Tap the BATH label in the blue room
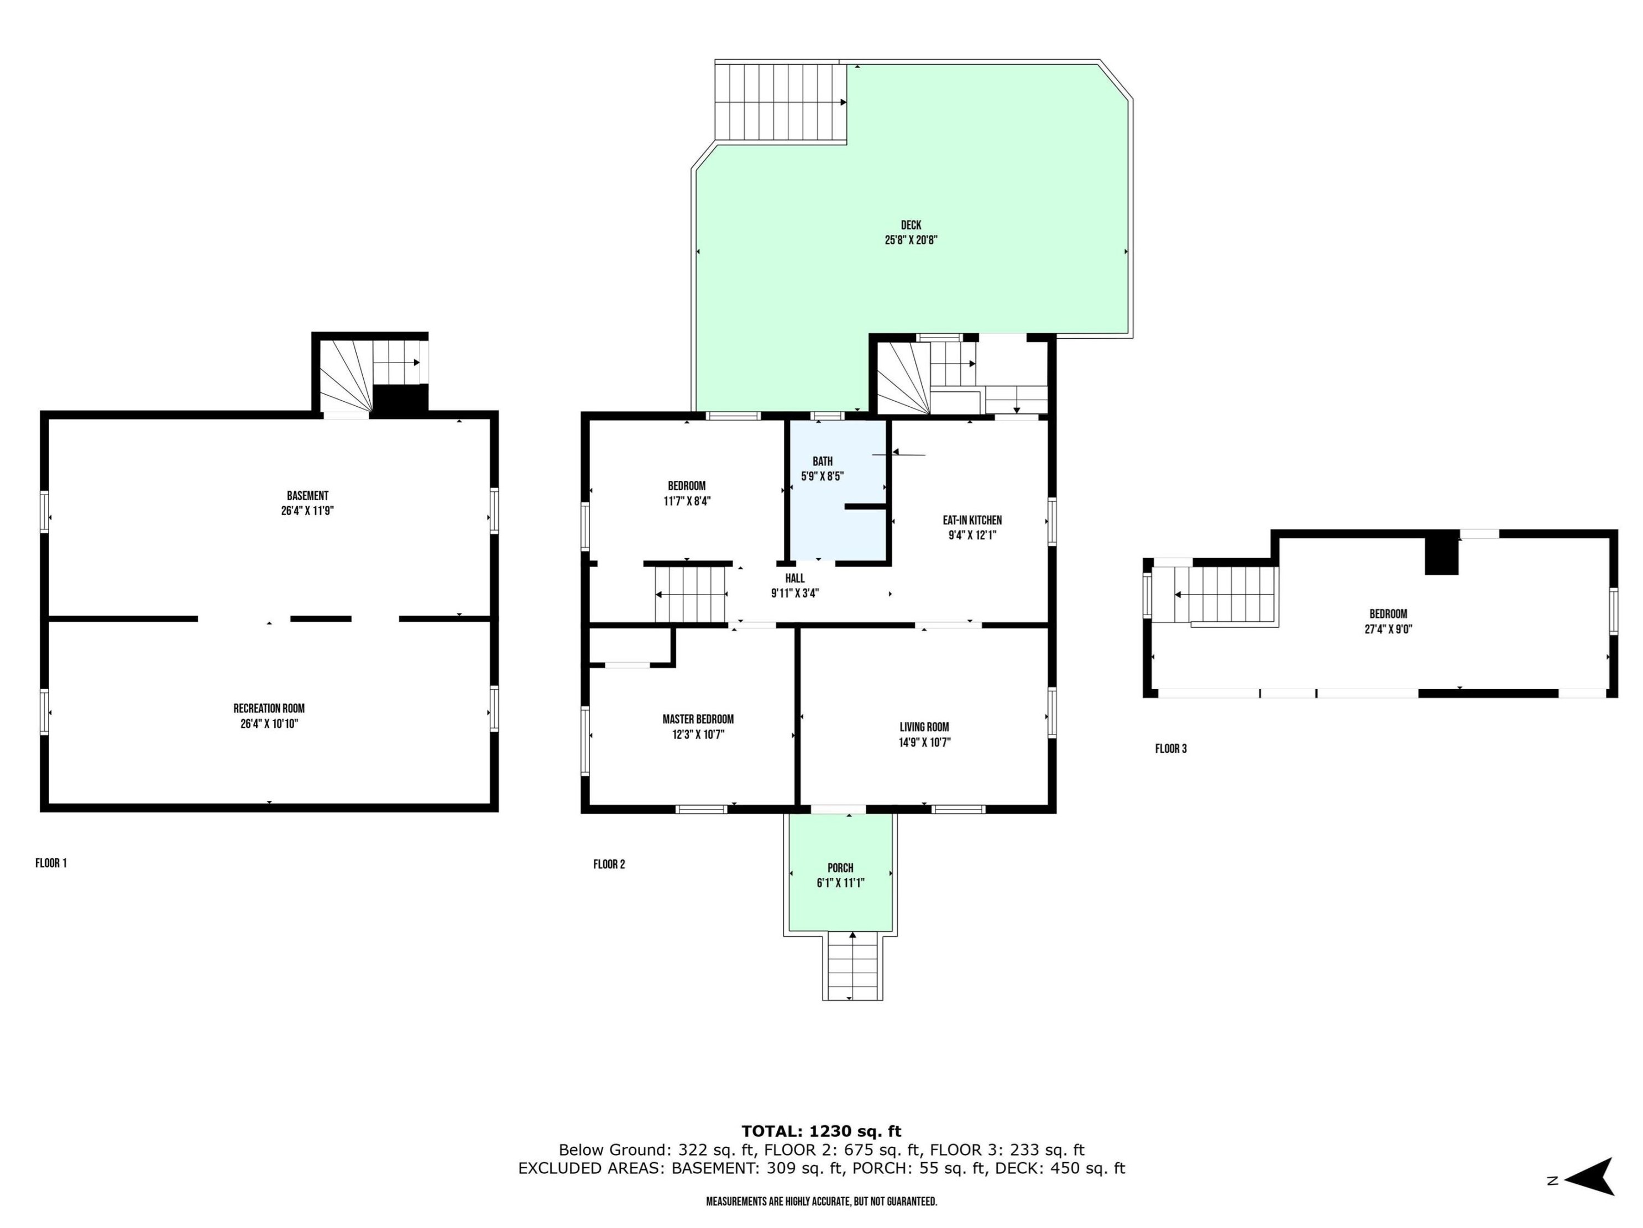click(x=822, y=461)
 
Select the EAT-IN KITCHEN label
click(x=972, y=521)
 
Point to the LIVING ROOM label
click(x=924, y=727)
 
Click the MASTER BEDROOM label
click(x=698, y=718)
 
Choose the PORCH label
click(x=840, y=867)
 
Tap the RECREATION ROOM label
click(x=269, y=709)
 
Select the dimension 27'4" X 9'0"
click(x=1388, y=629)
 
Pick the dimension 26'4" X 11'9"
click(x=307, y=511)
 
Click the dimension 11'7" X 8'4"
click(x=687, y=501)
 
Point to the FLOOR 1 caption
click(x=51, y=863)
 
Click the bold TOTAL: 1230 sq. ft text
click(x=821, y=1131)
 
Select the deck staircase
click(x=781, y=101)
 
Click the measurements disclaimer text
click(x=821, y=1201)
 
